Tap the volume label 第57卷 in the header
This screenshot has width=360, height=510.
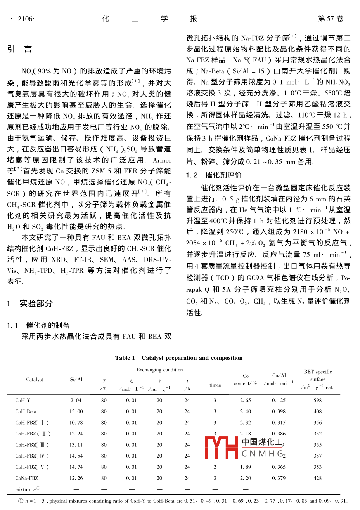coord(331,19)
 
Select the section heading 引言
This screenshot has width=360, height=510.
coord(19,49)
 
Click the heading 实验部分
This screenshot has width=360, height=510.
coord(36,304)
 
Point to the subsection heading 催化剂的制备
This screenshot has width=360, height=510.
coord(48,325)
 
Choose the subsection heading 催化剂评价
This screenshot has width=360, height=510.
coord(223,175)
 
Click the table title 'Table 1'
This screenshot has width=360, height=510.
coord(125,358)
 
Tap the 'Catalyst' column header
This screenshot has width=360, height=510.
coord(35,380)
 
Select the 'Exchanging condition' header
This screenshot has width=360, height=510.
coord(159,370)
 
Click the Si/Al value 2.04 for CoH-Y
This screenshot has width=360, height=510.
coord(76,400)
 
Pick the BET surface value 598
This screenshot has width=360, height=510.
coord(318,400)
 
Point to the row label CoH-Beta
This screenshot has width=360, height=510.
coord(26,411)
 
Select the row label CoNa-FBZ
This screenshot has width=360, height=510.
coord(27,478)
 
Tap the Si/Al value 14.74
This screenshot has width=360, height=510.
coord(76,467)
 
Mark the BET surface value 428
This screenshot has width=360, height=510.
coord(318,478)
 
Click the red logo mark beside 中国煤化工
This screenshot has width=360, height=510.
coord(221,448)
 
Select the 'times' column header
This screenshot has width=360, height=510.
coord(215,385)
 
